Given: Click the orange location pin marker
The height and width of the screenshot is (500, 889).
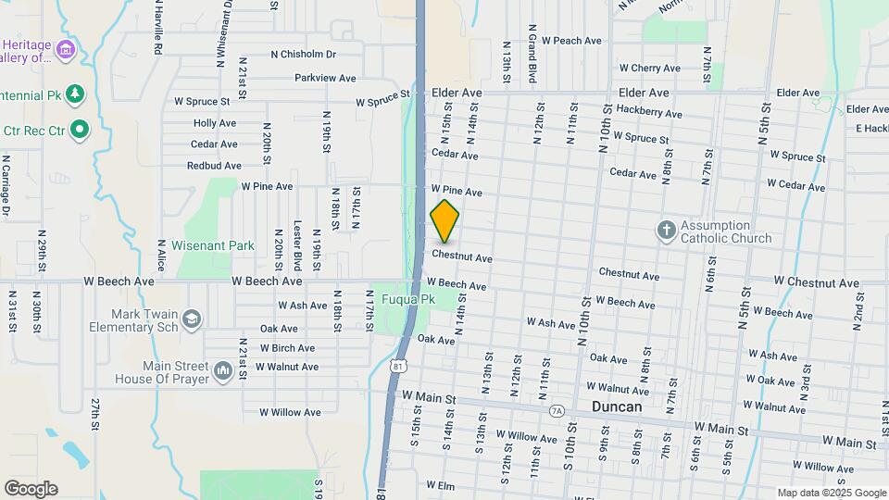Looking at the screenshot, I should click(444, 221).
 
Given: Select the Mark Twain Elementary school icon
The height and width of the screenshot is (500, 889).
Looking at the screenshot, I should click(192, 319).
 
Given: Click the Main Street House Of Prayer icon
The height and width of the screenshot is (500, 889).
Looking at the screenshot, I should click(222, 371).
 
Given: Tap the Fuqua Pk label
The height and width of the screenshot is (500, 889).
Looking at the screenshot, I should click(415, 299).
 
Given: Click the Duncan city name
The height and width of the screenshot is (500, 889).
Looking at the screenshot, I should click(616, 406).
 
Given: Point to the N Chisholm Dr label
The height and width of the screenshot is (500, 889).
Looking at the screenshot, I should click(303, 54).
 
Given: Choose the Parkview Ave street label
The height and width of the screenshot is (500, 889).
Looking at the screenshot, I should click(325, 78).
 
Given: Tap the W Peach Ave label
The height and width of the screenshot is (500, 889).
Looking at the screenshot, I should click(571, 41).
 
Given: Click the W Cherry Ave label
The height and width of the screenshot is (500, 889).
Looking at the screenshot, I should click(649, 68).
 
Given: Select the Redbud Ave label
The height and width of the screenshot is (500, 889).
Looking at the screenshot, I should click(214, 166).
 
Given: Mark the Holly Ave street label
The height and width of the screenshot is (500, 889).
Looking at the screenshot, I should click(215, 123).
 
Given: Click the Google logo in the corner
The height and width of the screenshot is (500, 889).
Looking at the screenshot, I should click(31, 488).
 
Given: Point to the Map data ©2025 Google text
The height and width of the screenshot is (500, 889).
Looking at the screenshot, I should click(832, 493).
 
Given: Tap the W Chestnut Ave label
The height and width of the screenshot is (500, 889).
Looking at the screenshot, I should click(810, 281).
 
